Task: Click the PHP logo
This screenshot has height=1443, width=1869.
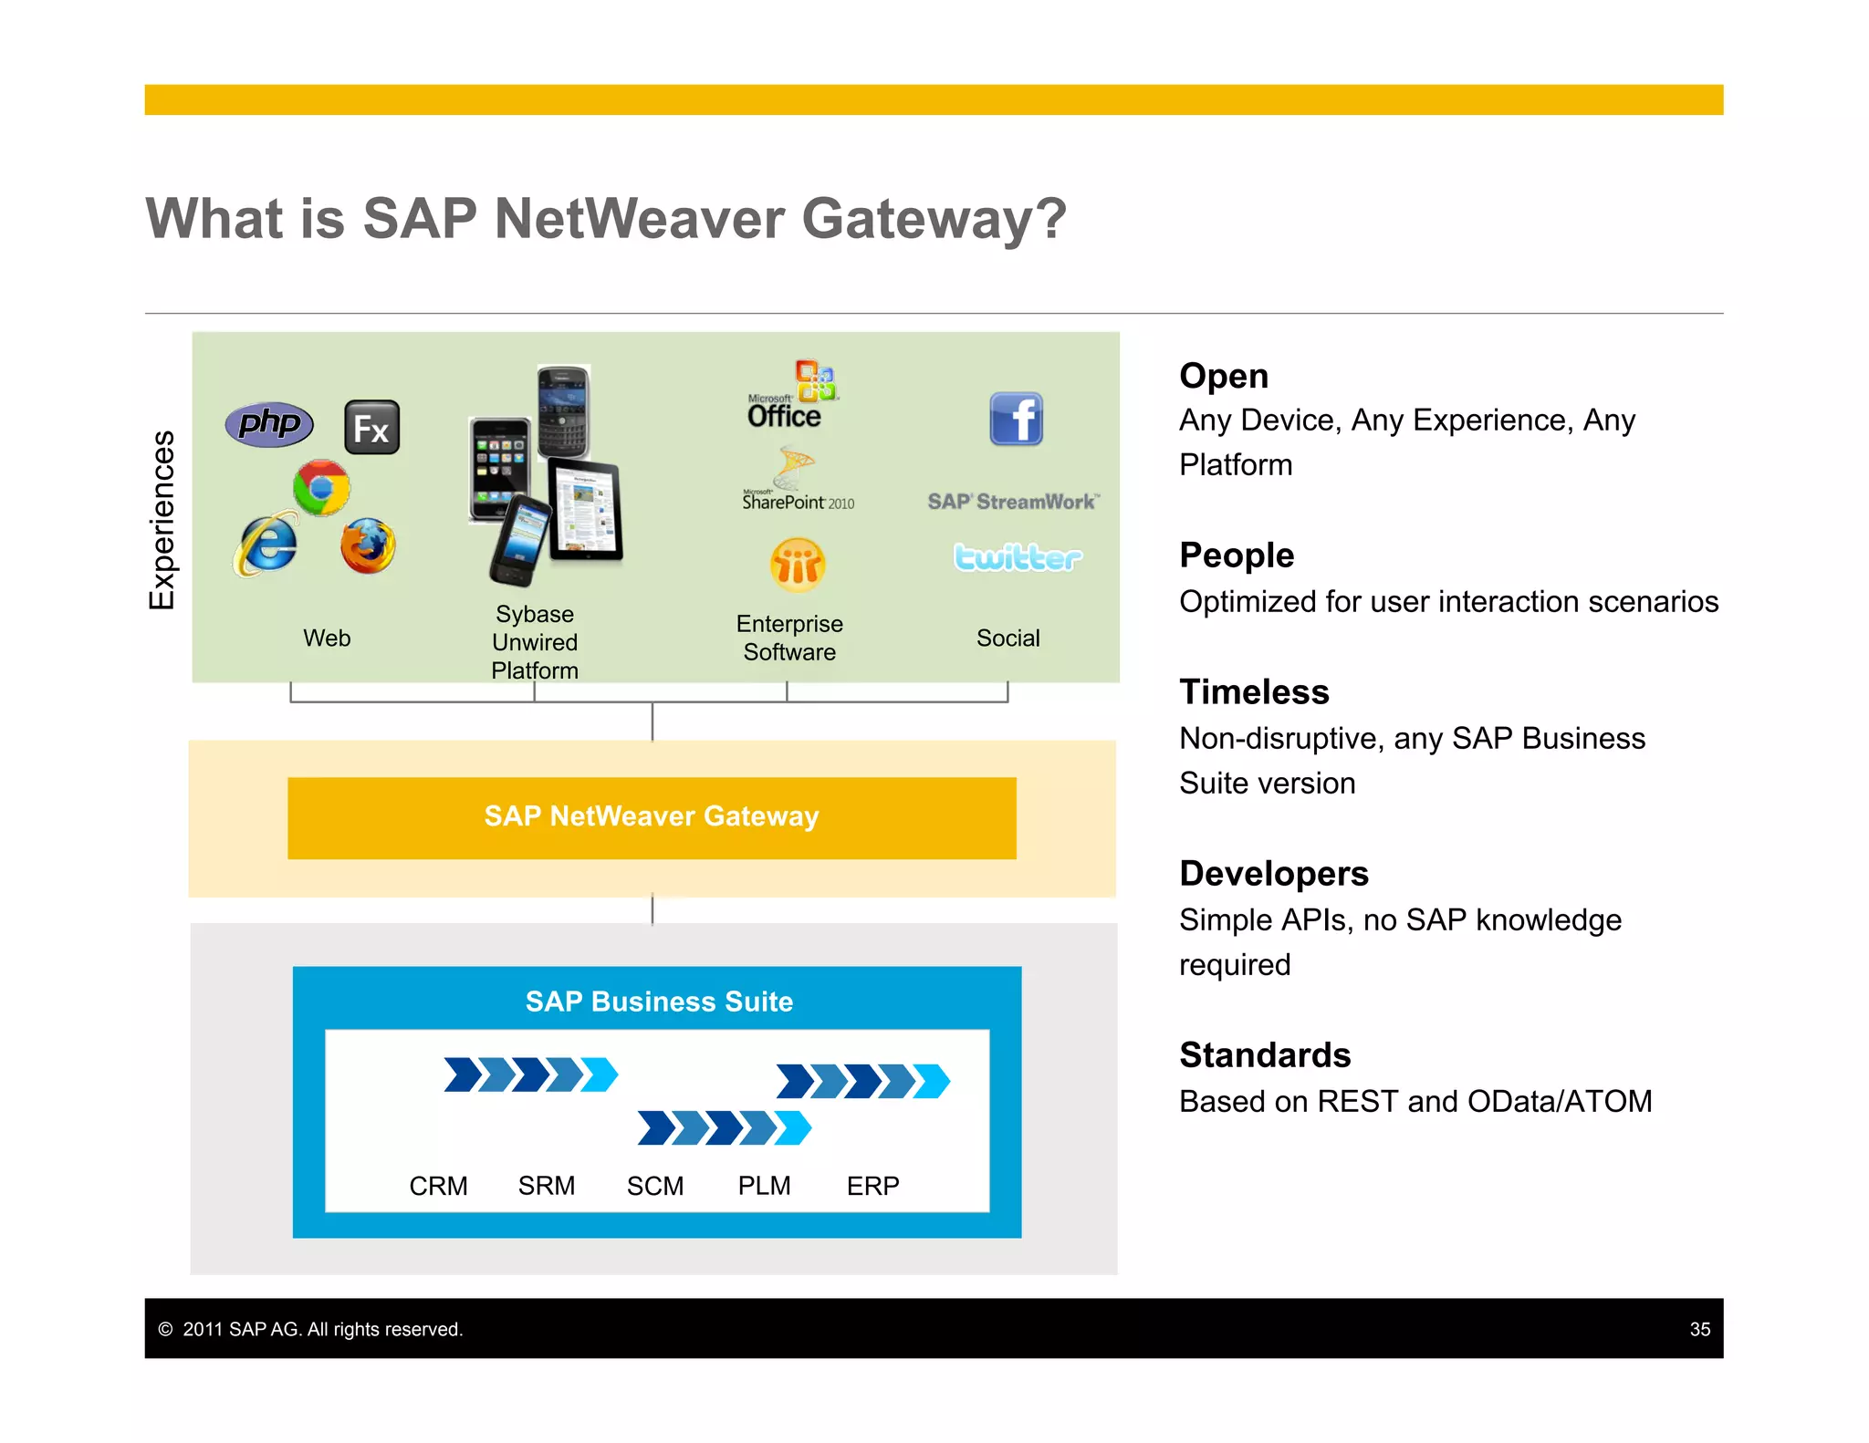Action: [x=269, y=424]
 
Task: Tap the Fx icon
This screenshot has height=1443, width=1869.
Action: [x=371, y=427]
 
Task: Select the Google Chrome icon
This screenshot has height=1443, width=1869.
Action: [x=321, y=487]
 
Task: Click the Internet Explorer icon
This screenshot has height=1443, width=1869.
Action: [x=266, y=545]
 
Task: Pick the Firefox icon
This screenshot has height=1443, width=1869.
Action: [x=368, y=545]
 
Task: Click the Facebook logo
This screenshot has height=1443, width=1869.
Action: [x=1016, y=420]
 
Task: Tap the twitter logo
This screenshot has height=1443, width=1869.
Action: [x=1017, y=556]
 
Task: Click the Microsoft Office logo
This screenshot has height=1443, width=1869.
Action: [x=791, y=396]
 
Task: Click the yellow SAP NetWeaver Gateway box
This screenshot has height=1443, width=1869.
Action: [x=652, y=817]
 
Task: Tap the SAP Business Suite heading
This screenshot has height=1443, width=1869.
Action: [x=659, y=1002]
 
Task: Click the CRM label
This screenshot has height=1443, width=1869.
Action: [x=438, y=1186]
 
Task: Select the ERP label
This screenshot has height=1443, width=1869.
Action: [x=872, y=1186]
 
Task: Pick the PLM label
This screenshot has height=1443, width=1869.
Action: [x=764, y=1186]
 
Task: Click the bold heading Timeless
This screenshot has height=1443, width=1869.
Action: [x=1254, y=692]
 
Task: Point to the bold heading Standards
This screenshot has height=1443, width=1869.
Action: [x=1265, y=1055]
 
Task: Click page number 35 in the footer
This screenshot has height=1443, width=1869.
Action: [x=1699, y=1329]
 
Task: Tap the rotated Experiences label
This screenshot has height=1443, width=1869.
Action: [x=162, y=520]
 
